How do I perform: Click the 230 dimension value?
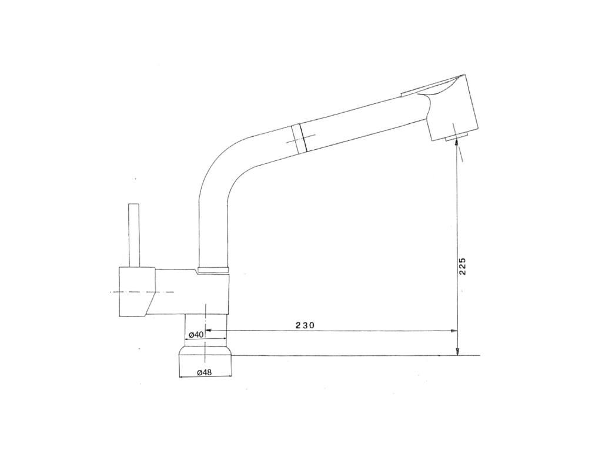[305, 325]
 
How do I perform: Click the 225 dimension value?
[462, 266]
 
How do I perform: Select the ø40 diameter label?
[196, 334]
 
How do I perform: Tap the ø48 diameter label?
[204, 372]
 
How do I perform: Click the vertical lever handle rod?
[134, 235]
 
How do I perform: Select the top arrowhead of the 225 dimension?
[456, 143]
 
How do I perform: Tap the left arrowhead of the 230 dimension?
[208, 330]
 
